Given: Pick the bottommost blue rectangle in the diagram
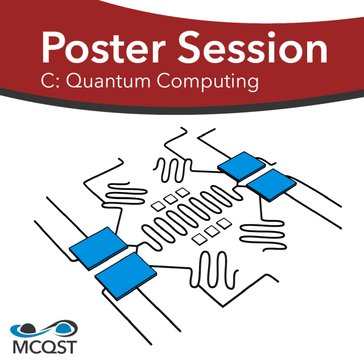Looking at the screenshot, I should click(126, 276).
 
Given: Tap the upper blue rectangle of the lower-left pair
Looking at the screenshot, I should click(98, 248).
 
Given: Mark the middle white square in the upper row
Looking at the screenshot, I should click(170, 198).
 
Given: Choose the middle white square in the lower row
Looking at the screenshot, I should click(212, 231).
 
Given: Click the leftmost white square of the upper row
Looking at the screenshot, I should click(158, 204).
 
